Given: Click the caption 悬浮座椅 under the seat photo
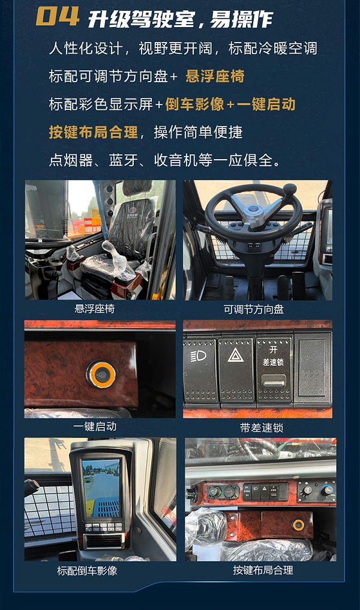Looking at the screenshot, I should click(94, 309).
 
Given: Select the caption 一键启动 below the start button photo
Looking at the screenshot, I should click(94, 426).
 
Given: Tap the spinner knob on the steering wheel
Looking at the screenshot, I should click(290, 190).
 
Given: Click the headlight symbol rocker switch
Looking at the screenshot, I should click(200, 369).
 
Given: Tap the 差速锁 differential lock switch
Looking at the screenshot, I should click(274, 369).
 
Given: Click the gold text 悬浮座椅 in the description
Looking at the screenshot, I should click(214, 76).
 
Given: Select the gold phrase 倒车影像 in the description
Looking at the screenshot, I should click(194, 104).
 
